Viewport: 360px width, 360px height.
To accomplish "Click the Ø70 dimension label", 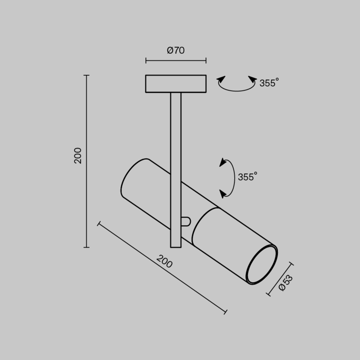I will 176,51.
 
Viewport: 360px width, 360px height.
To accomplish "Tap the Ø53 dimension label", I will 285,283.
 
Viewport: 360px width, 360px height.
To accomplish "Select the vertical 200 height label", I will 78,155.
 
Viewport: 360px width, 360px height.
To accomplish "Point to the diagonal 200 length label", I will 164,262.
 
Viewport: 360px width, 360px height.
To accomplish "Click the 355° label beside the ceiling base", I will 269,83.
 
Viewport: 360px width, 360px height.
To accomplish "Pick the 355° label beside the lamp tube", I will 247,177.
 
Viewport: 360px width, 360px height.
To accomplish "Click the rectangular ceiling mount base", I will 176,84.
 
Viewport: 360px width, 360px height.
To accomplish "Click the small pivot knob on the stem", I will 186,221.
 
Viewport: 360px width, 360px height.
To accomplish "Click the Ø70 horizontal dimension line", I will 176,60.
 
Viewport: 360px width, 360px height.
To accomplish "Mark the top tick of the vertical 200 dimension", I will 87,75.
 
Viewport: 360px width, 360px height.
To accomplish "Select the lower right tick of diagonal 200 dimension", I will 226,312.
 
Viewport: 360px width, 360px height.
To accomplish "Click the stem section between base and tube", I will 176,127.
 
